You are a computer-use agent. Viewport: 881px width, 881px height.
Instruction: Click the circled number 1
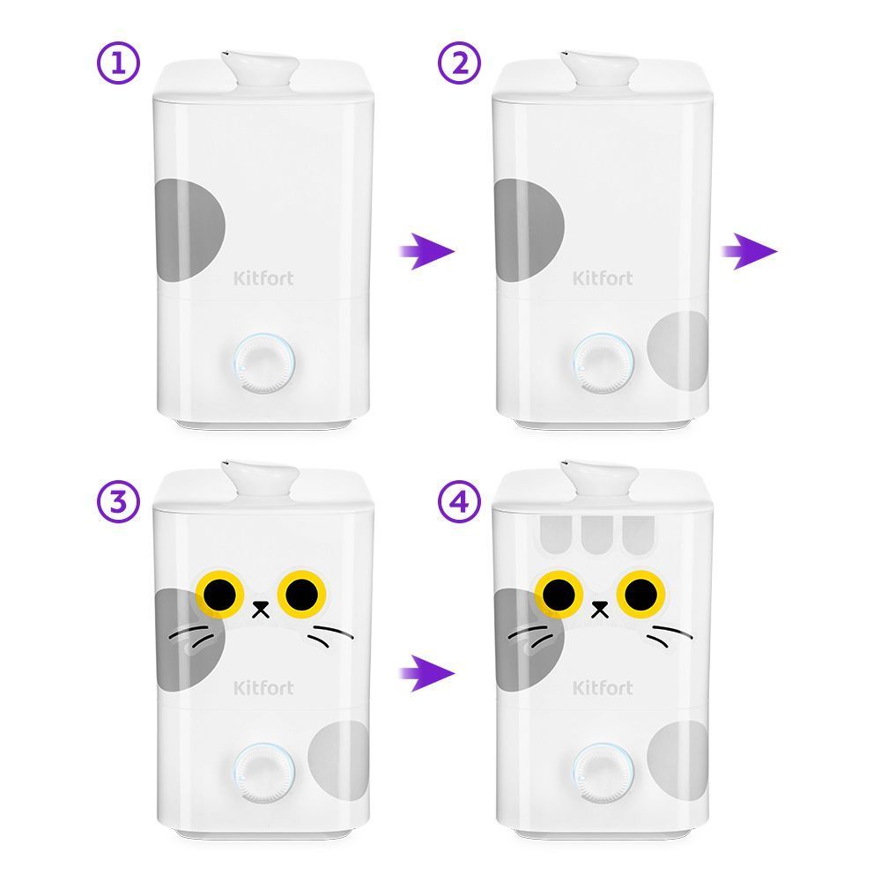tap(118, 63)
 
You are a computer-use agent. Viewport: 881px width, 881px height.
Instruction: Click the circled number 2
tap(459, 63)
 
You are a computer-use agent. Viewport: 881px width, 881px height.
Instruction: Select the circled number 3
tap(118, 502)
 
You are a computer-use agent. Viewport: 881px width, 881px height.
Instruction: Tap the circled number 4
tap(459, 502)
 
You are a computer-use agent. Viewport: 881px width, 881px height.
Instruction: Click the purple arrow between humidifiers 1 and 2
tap(426, 251)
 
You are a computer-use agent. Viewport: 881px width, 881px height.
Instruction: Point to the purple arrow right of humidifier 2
tap(750, 251)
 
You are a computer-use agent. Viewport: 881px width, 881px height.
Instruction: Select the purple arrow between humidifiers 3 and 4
tap(426, 672)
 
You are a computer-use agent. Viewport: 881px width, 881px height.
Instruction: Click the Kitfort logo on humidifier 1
tap(263, 278)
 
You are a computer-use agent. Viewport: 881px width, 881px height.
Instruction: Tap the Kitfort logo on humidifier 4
tap(603, 687)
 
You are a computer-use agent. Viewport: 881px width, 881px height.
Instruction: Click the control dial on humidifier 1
tap(263, 363)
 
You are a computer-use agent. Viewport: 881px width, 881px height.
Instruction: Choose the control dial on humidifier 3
tap(263, 773)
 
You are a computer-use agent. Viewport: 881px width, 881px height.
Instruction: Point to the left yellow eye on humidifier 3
tap(219, 595)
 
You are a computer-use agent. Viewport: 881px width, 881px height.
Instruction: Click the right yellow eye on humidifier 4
tap(641, 595)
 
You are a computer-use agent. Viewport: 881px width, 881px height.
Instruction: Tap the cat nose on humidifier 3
tap(261, 609)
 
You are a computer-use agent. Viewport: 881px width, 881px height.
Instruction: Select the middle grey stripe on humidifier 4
tap(597, 535)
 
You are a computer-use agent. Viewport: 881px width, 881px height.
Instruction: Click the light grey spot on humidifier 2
tap(677, 352)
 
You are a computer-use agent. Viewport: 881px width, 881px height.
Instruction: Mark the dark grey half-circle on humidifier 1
tap(190, 230)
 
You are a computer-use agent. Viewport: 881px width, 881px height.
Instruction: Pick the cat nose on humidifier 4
tap(600, 609)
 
